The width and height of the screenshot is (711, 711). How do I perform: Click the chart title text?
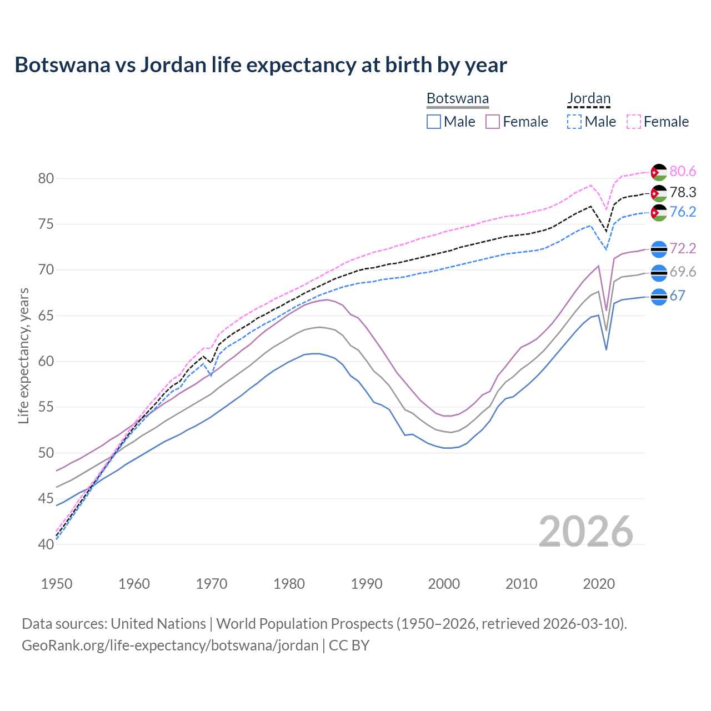pos(261,65)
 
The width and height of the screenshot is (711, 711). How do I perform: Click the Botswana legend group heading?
pos(458,99)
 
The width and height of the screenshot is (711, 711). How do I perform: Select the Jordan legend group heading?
pos(589,99)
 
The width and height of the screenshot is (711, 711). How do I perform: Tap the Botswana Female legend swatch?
pos(493,122)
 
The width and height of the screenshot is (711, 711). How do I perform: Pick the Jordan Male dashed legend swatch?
pos(574,122)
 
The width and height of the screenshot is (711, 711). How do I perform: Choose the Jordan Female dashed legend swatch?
pos(634,122)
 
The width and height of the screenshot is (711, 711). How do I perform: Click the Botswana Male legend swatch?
pos(434,122)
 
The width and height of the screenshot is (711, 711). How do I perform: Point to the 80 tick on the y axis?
pos(46,179)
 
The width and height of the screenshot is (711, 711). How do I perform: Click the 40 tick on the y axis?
pos(46,544)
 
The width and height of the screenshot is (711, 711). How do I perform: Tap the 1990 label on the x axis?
pos(367,584)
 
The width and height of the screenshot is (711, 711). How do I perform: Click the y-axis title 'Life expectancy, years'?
pos(23,355)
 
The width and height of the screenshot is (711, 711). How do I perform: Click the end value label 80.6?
pos(683,172)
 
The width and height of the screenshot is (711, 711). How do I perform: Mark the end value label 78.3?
pos(683,192)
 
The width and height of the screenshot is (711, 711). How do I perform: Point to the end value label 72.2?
pos(683,248)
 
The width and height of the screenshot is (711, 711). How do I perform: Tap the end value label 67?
pos(677,296)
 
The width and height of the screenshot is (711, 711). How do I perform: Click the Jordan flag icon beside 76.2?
pos(659,213)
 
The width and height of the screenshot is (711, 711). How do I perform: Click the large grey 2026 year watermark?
pos(586,532)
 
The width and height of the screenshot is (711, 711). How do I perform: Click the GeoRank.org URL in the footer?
pos(170,645)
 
